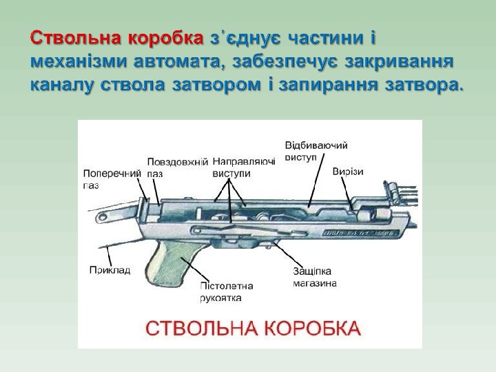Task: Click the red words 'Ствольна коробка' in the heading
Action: [118, 37]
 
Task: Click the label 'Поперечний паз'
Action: [112, 179]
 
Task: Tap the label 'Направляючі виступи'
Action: [243, 167]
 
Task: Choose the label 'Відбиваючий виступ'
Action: [316, 151]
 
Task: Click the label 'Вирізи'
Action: [347, 171]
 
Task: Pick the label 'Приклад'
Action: [110, 270]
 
